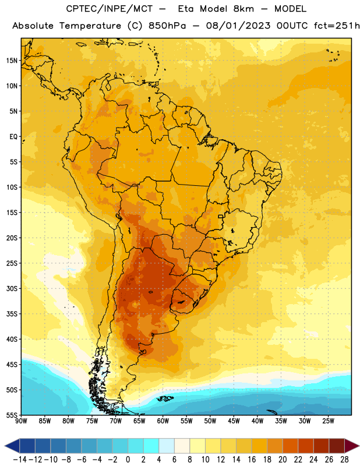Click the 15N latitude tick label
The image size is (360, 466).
coord(12,61)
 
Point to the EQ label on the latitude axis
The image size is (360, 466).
coord(13,137)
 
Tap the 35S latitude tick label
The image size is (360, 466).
coord(12,314)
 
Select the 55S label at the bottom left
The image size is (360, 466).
coord(12,415)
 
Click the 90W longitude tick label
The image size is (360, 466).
coord(21,421)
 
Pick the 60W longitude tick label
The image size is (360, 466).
coord(163,421)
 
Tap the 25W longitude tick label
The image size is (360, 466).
coord(328,421)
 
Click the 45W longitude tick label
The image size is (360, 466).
coord(234,421)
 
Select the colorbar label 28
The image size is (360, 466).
coord(344,460)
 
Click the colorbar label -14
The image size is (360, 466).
coord(20,460)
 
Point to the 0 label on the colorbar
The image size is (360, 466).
coord(128,460)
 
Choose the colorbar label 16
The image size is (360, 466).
coord(252,460)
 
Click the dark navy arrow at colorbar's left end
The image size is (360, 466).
coord(12,446)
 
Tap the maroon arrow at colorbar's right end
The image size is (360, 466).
coord(352,446)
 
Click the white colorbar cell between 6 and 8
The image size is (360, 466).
coord(182,446)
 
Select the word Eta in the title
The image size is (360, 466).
coord(186,9)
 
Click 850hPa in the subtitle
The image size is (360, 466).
coord(167,26)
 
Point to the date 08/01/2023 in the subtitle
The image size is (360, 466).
coord(238,26)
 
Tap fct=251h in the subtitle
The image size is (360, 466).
coord(337,26)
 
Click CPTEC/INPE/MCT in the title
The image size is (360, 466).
coord(110,9)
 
